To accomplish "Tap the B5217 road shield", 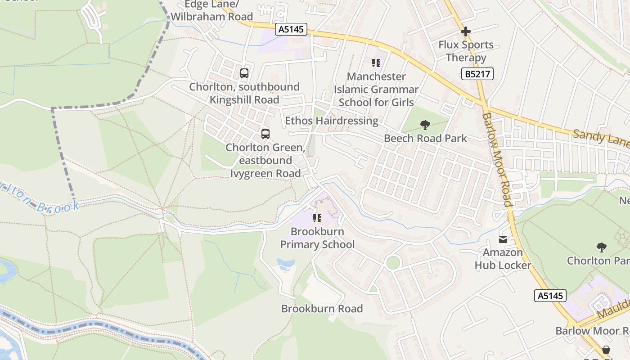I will pyautogui.click(x=477, y=74).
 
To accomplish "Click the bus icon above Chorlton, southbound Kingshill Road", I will pyautogui.click(x=244, y=73).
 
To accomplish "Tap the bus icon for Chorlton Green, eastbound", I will pyautogui.click(x=265, y=134).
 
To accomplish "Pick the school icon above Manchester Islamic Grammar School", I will pyautogui.click(x=376, y=63).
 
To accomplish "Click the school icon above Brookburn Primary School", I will pyautogui.click(x=317, y=218).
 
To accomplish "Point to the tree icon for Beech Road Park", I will pyautogui.click(x=425, y=125).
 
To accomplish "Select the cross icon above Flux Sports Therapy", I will pyautogui.click(x=466, y=31).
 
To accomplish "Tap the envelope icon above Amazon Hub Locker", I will pyautogui.click(x=503, y=239).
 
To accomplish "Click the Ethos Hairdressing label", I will pyautogui.click(x=332, y=121).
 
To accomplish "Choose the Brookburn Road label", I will pyautogui.click(x=322, y=309).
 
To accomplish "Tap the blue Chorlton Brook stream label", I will pyautogui.click(x=40, y=198).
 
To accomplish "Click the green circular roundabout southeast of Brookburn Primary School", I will pyautogui.click(x=393, y=262).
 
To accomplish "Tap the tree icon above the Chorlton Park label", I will pyautogui.click(x=601, y=247).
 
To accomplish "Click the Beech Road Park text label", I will pyautogui.click(x=425, y=138).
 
